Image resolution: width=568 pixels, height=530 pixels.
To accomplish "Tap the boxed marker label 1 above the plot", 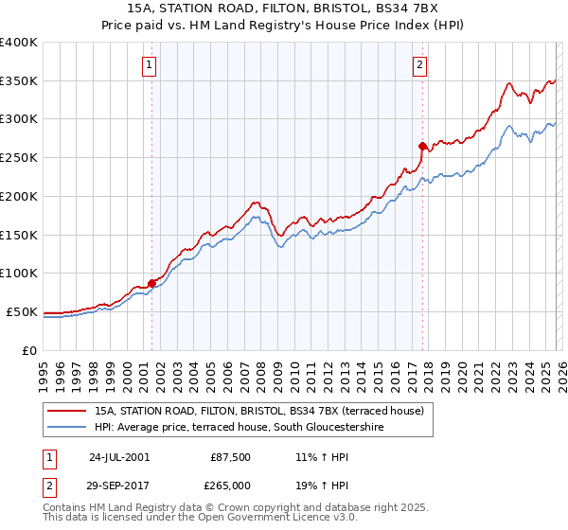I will tap(150, 65).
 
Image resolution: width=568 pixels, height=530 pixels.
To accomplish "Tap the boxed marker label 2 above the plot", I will tap(419, 65).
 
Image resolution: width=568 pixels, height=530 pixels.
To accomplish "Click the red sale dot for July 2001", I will tap(151, 282).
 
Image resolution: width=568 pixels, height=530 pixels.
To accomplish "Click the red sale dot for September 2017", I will tap(422, 146).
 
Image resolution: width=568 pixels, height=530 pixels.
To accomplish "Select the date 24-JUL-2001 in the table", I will tap(118, 456).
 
